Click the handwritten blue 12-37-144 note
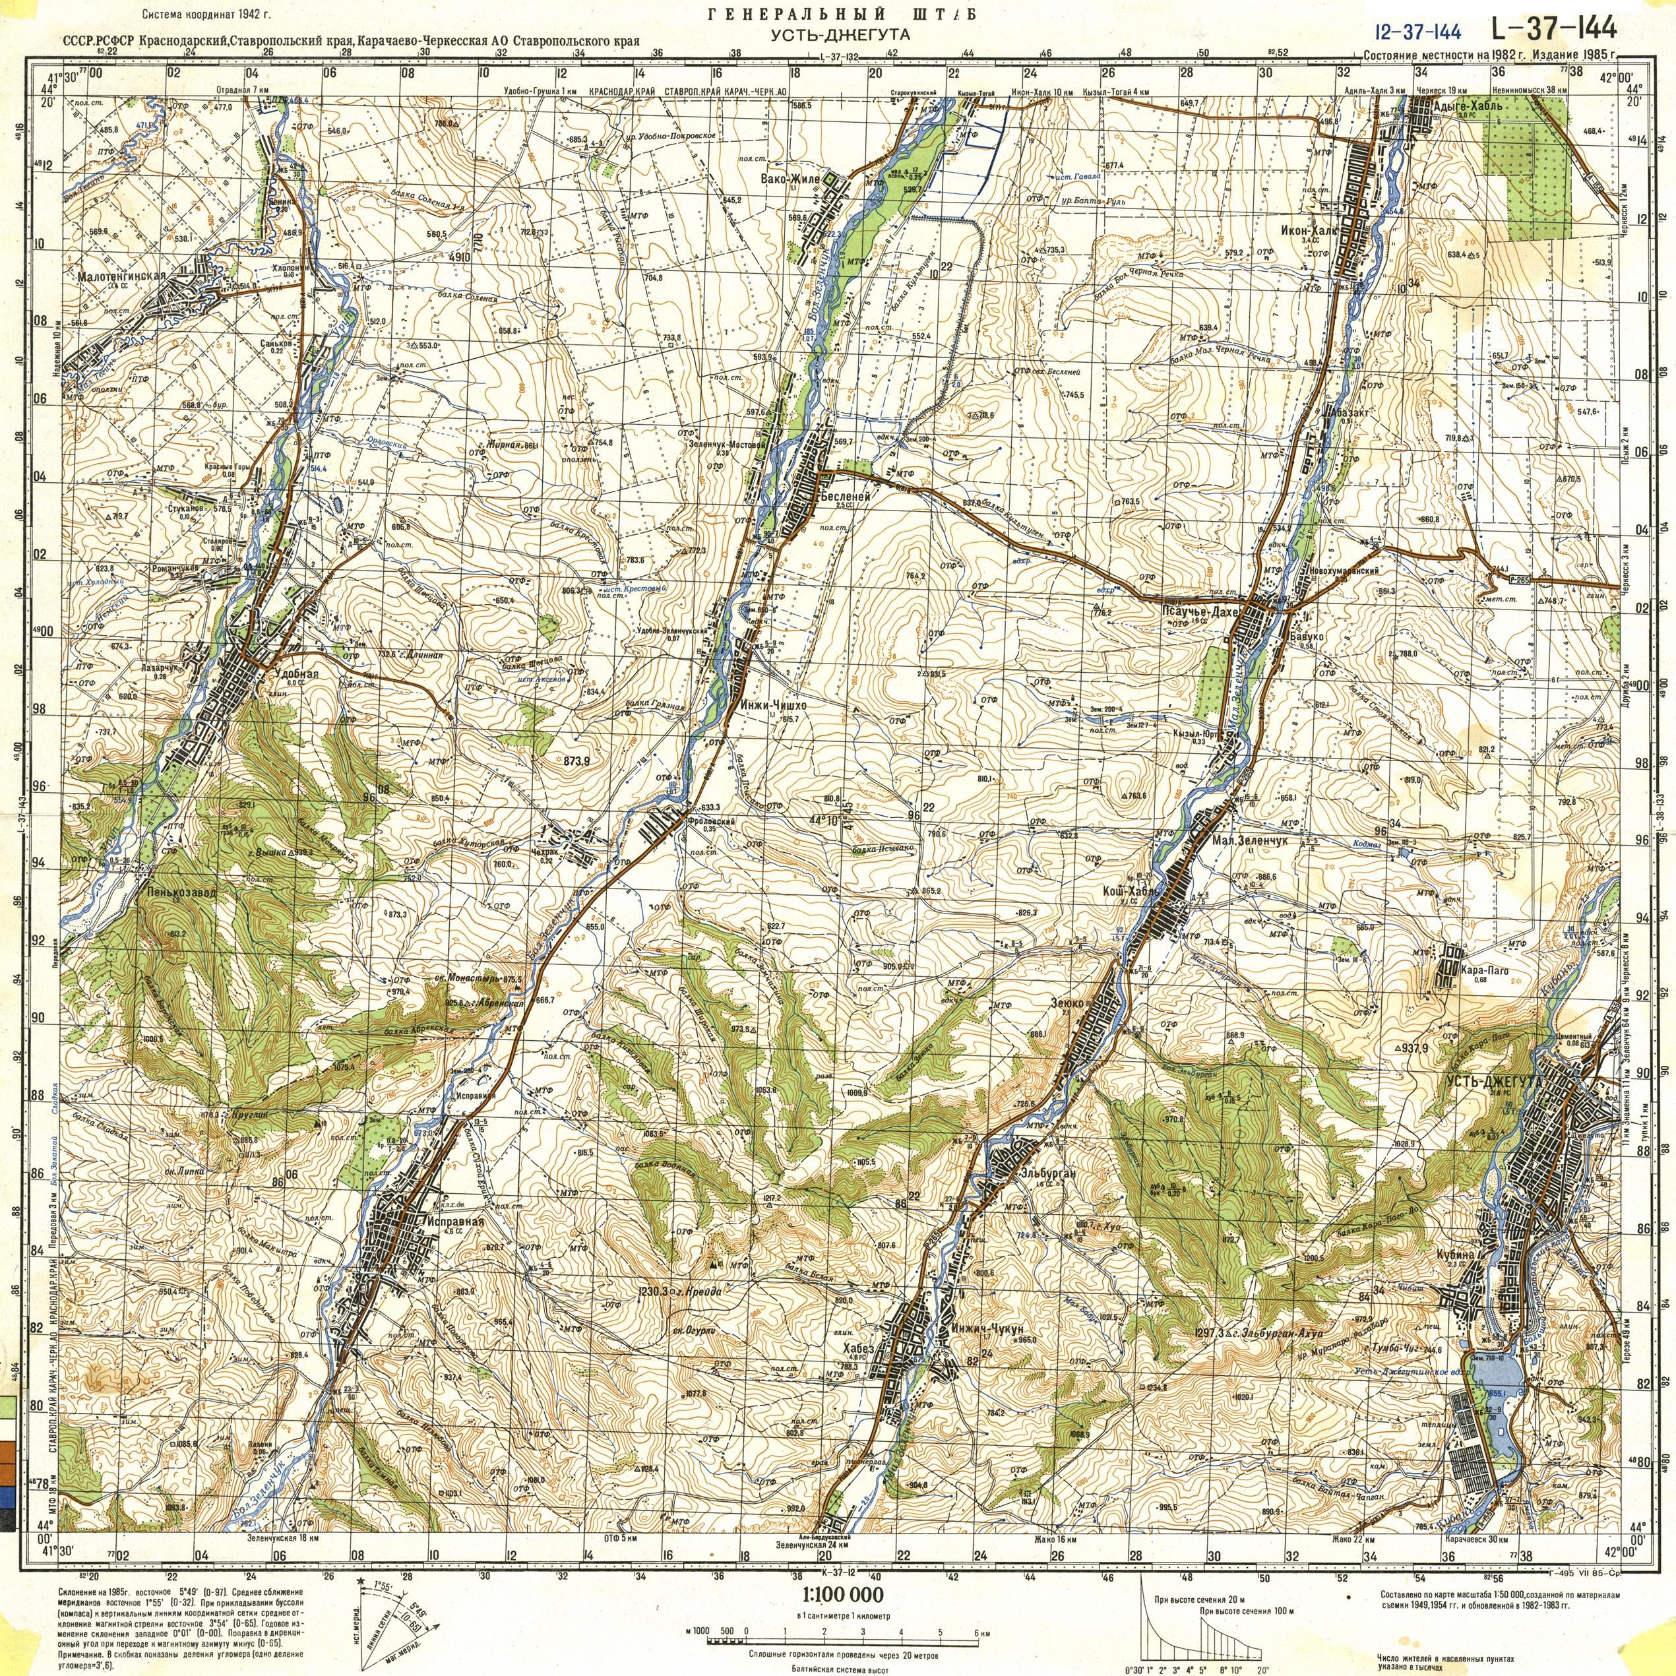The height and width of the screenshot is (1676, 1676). pyautogui.click(x=1417, y=32)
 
